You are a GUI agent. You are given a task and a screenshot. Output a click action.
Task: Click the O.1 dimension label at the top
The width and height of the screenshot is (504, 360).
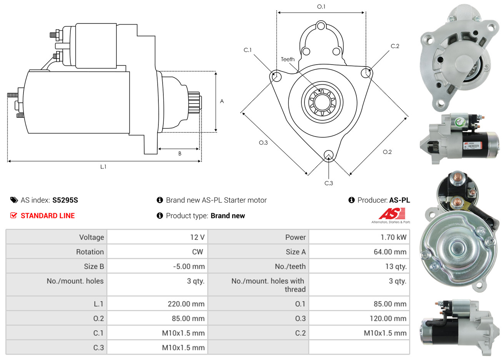click(321, 7)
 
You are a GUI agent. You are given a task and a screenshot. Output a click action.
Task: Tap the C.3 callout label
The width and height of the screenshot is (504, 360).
click(328, 183)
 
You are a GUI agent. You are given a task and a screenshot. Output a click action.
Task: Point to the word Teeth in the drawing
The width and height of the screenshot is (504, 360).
click(288, 59)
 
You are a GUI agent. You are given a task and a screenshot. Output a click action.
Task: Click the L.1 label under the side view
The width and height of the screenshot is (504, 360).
click(103, 167)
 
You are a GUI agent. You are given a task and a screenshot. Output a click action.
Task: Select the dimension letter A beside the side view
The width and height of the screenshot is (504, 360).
click(222, 101)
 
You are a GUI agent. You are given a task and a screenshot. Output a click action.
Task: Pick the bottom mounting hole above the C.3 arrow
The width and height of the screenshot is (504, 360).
click(328, 155)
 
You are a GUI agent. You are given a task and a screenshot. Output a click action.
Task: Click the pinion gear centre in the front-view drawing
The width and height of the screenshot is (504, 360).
click(322, 102)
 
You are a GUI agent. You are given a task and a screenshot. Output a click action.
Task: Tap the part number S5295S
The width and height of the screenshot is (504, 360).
click(65, 200)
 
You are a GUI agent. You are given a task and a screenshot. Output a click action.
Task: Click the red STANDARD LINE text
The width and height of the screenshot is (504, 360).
click(48, 215)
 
